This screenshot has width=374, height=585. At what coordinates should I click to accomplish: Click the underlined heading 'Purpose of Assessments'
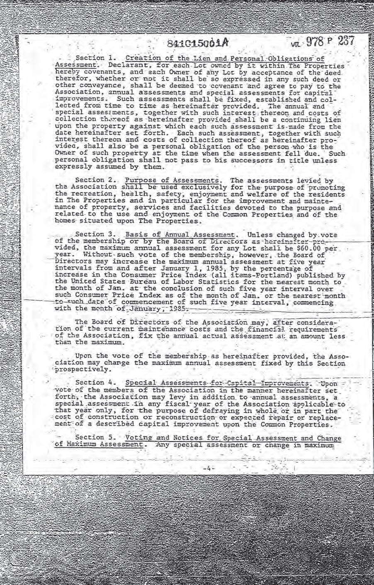click(172, 180)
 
